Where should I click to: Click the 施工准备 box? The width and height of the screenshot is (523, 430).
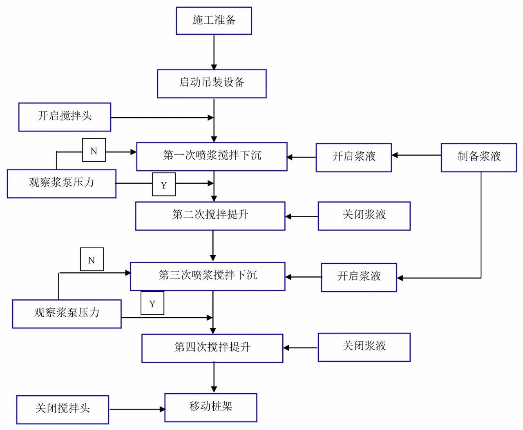[x=214, y=20]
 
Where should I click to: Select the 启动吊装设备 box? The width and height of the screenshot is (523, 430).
[x=212, y=84]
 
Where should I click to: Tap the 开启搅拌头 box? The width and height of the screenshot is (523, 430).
[x=65, y=117]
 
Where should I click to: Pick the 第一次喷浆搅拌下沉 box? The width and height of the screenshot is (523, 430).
[x=212, y=157]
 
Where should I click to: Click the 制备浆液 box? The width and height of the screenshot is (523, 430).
[x=479, y=158]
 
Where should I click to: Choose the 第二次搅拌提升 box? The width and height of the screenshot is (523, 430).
[x=210, y=216]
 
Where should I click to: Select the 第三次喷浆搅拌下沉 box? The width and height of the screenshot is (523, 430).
[x=208, y=276]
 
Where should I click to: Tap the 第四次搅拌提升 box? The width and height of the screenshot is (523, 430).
[x=212, y=348]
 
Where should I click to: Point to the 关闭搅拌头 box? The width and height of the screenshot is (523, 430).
[x=63, y=410]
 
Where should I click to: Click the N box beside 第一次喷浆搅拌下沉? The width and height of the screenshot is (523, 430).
[x=94, y=150]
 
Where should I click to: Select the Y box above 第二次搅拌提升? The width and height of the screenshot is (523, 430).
[x=164, y=185]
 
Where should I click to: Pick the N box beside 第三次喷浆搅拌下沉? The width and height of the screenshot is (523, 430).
[x=92, y=259]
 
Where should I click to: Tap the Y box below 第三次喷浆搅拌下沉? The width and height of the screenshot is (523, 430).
[x=152, y=303]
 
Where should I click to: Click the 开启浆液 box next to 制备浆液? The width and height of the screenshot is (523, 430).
[x=353, y=158]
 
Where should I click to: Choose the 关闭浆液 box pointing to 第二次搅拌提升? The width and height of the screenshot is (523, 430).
[x=364, y=216]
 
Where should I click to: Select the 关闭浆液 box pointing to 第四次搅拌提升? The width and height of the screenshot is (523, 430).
[x=364, y=347]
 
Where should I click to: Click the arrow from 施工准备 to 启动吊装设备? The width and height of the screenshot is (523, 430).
[x=214, y=53]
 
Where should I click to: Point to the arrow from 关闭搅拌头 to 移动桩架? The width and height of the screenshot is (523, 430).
[x=137, y=409]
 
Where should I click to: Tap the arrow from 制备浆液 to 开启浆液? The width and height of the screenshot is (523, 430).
[x=416, y=155]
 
